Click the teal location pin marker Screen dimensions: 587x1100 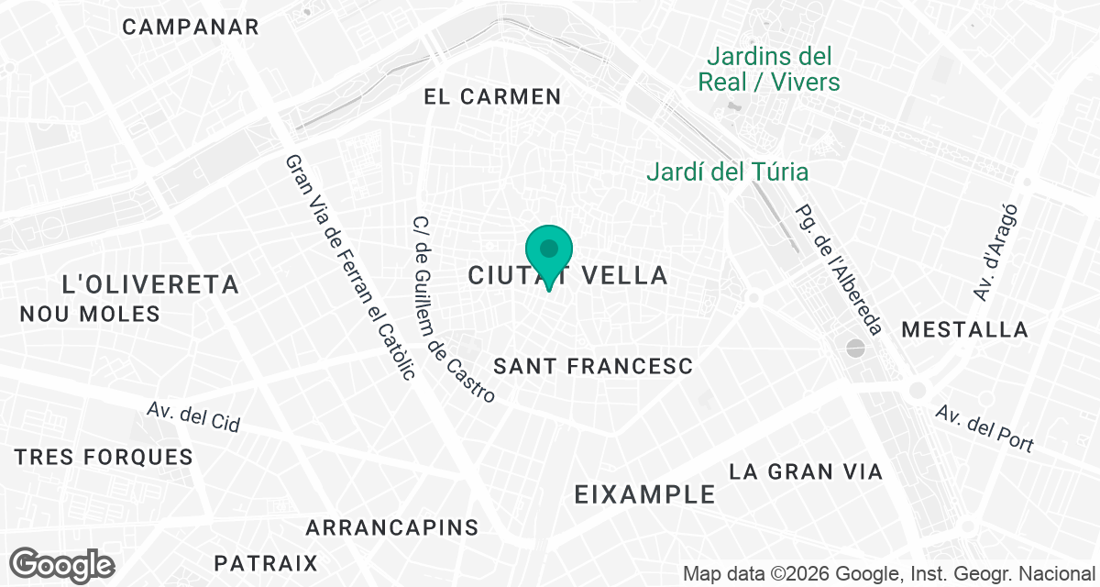click(549, 253)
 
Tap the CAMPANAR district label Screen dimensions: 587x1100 click(191, 27)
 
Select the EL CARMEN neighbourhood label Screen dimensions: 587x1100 click(492, 96)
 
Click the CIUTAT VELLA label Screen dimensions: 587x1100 click(567, 275)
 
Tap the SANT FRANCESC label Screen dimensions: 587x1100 click(593, 366)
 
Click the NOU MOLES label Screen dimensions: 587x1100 click(90, 314)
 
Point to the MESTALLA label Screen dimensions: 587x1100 click(965, 329)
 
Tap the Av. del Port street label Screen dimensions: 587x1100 click(984, 428)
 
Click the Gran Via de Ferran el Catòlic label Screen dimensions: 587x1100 click(350, 266)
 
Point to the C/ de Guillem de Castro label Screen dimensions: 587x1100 click(454, 309)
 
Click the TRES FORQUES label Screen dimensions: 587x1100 click(104, 457)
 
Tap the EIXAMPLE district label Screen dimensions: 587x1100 click(644, 494)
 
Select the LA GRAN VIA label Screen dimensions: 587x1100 click(806, 471)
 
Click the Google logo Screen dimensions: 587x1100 click(62, 564)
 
